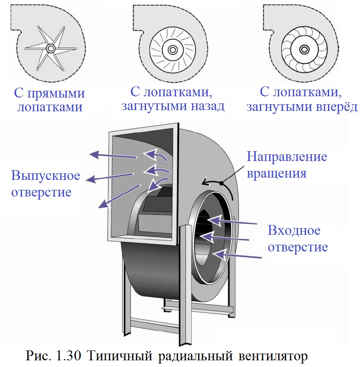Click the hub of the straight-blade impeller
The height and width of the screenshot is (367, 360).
click(x=51, y=48)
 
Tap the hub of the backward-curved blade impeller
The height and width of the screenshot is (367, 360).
click(x=172, y=50)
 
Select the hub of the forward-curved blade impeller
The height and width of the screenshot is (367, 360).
click(x=304, y=49)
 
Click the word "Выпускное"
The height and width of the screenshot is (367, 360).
click(x=45, y=175)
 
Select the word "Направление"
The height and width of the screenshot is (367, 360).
click(x=287, y=157)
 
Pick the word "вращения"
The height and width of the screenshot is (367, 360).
click(x=277, y=173)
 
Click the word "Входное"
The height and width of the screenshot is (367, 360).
click(x=294, y=230)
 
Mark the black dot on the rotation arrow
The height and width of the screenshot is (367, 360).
click(x=222, y=183)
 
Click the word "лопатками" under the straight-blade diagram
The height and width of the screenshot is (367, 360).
click(x=50, y=107)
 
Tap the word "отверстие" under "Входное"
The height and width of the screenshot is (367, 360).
click(x=298, y=247)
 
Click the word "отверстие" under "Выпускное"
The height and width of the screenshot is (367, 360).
click(x=41, y=192)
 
